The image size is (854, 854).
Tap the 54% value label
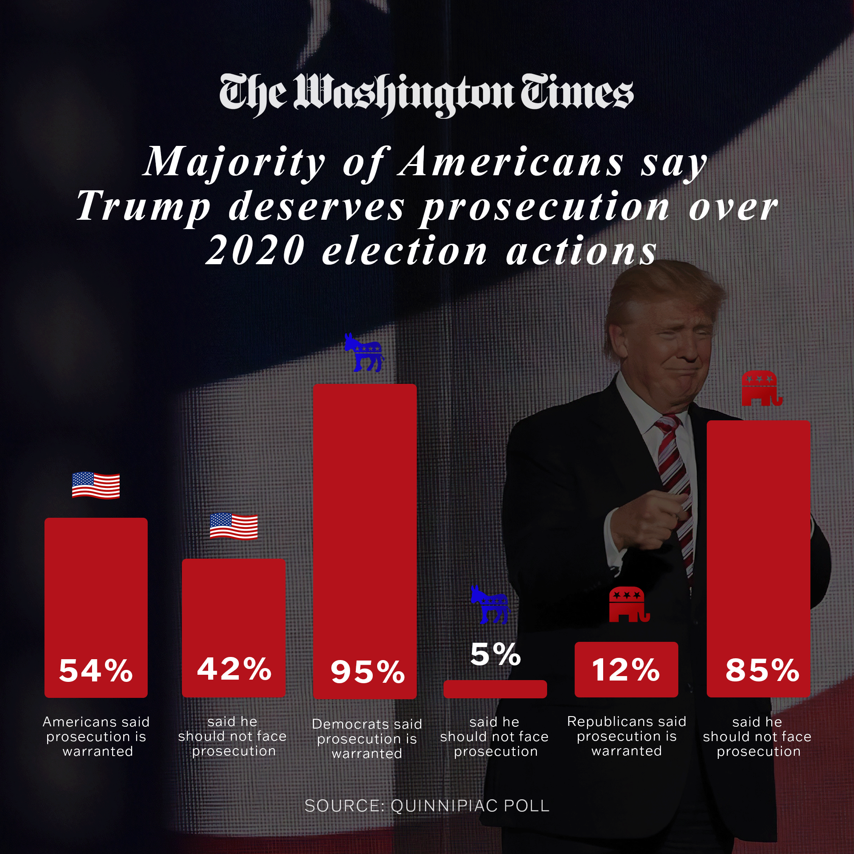[96, 670]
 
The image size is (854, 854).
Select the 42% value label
[234, 669]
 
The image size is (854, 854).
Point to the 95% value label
[367, 672]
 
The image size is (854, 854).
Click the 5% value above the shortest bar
[495, 654]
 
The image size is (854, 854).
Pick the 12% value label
[626, 670]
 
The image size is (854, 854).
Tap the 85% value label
[762, 670]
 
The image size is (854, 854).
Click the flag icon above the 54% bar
[96, 485]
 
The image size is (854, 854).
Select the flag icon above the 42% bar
[234, 526]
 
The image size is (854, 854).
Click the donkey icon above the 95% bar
[364, 353]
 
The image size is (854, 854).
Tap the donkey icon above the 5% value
[490, 605]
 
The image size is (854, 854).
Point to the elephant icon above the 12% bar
[628, 604]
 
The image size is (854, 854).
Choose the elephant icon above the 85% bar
[761, 388]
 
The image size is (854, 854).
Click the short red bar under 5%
[495, 689]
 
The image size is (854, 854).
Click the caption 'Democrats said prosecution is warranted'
[367, 738]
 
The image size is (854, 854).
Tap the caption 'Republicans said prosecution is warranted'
[626, 736]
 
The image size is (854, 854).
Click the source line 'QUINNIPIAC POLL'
[470, 806]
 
